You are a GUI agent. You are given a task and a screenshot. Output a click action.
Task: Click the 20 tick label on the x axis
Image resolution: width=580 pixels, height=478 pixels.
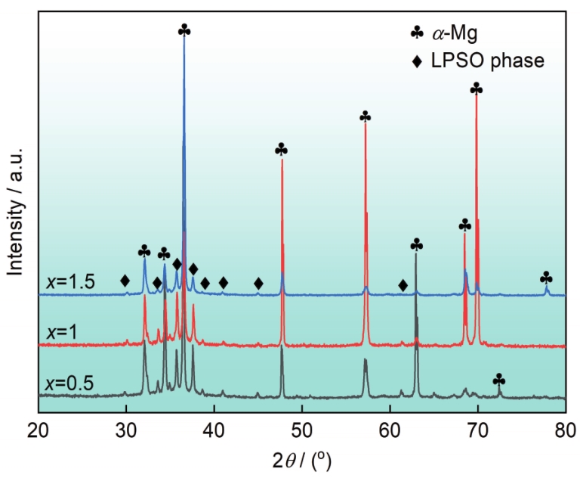point(38,430)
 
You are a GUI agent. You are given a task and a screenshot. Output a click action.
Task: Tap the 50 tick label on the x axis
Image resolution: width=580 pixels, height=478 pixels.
point(302,430)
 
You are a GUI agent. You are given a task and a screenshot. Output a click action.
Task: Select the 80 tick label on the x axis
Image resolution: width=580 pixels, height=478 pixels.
point(566,430)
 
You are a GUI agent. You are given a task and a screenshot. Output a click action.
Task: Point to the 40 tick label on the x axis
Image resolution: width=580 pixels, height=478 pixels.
point(214,430)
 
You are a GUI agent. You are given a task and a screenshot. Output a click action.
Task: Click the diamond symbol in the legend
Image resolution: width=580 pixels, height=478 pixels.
point(417,61)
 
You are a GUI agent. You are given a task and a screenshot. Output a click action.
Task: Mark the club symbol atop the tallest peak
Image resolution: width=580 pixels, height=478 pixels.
point(184,29)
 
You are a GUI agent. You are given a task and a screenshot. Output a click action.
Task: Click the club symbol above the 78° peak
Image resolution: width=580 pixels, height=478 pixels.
point(546,278)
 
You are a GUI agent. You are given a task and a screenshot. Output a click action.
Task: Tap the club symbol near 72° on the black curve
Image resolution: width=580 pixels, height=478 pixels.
point(498,380)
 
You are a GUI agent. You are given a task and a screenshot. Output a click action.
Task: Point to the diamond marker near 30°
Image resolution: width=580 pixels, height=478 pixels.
point(125,281)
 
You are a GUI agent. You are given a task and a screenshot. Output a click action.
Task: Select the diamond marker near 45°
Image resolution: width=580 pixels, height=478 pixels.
point(258,284)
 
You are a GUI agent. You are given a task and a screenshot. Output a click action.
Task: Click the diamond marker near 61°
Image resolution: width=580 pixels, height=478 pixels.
point(403,285)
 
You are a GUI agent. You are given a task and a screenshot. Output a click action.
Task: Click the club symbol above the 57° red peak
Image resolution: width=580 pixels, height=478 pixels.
point(365,116)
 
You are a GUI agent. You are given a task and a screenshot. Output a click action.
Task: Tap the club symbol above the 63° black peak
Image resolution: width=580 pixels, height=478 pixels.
point(416,245)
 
